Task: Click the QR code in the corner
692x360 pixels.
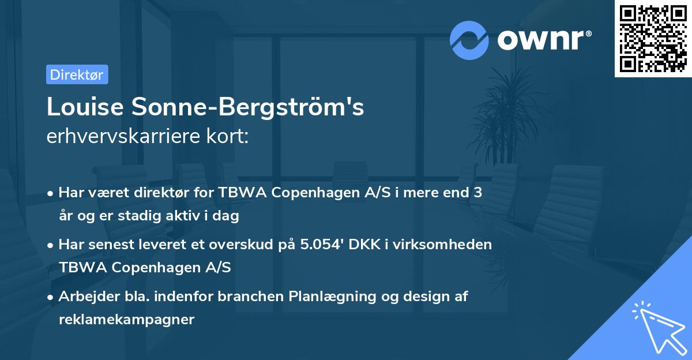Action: coord(653,39)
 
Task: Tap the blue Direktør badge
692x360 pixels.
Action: coord(77,74)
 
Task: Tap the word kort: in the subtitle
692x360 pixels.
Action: coord(230,136)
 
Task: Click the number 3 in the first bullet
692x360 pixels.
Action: coord(477,193)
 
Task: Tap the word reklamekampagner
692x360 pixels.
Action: coord(126,320)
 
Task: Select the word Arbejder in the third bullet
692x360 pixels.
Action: coord(84,297)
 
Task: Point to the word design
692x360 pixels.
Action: coord(425,297)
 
